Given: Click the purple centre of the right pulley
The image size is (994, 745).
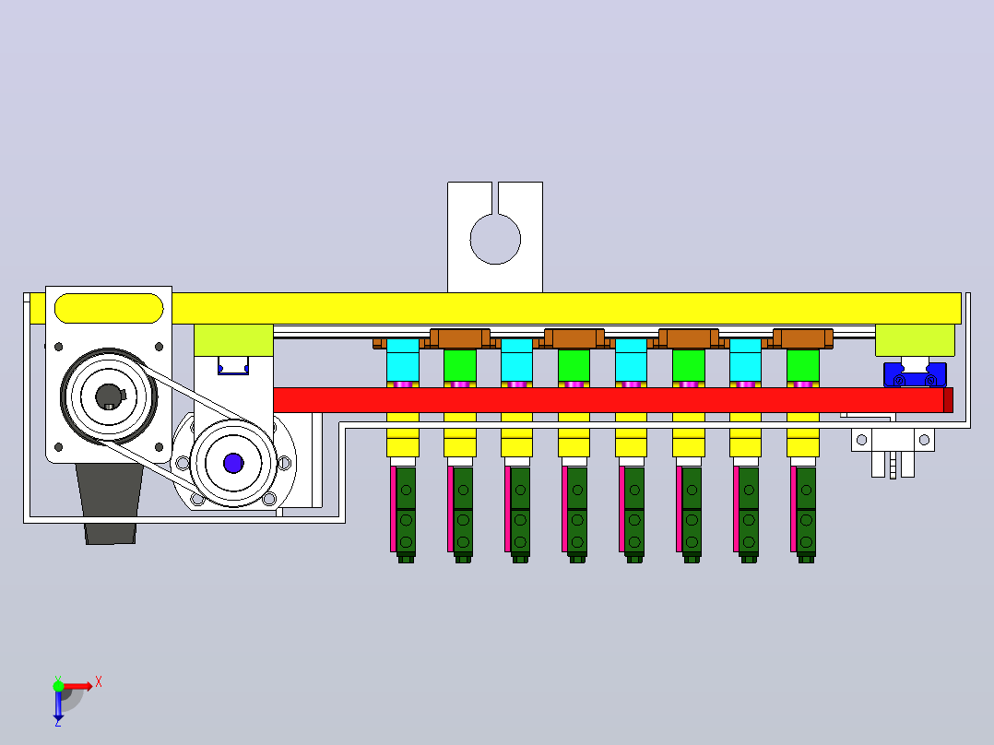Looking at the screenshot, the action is (233, 463).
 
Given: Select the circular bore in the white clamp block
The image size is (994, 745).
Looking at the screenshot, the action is (495, 239).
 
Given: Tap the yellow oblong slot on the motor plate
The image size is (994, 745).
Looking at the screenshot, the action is (109, 308).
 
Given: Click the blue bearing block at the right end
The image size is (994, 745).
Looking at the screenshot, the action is (915, 374).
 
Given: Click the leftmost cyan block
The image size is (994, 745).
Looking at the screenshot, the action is (403, 361).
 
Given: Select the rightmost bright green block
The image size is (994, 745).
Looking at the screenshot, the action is (802, 366).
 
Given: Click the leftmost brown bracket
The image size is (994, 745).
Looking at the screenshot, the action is (460, 338).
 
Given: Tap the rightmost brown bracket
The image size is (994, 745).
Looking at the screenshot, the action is (802, 338).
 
